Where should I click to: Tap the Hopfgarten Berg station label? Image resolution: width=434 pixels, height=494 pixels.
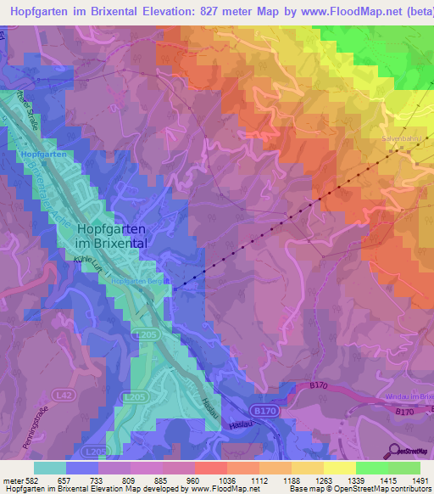(x=136, y=281)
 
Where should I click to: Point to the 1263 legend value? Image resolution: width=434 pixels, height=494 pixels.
(x=324, y=480)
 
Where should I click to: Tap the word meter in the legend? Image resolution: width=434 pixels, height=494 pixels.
(x=12, y=480)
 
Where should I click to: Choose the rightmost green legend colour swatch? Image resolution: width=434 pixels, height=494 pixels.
(x=404, y=468)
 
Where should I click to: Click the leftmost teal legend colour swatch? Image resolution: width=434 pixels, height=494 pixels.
(x=50, y=468)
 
